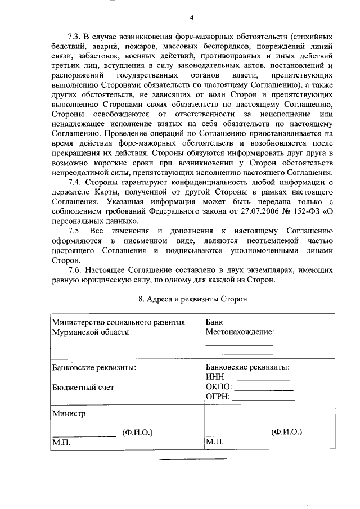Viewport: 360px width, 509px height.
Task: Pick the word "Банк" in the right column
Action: (x=214, y=322)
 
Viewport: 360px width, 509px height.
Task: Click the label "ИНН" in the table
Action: (x=215, y=377)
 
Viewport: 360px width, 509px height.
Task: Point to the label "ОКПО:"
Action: (x=219, y=387)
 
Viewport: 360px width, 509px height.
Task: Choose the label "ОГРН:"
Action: (x=219, y=397)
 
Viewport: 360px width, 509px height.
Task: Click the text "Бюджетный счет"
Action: (x=83, y=387)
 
